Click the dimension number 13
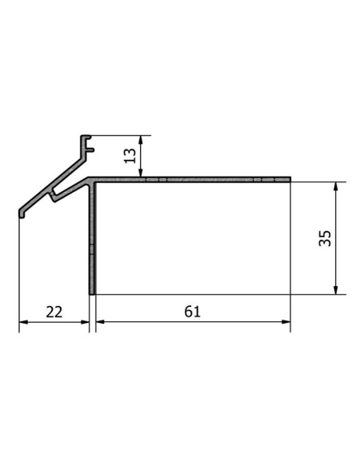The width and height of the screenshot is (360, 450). tap(129, 155)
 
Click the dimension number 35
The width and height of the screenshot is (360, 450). tap(324, 237)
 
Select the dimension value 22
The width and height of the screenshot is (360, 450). tap(54, 312)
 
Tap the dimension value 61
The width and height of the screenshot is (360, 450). tap(192, 312)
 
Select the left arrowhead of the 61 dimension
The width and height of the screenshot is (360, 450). tap(99, 322)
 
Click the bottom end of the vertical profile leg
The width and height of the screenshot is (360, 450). tap(92, 293)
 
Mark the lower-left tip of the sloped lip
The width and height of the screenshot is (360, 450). tap(22, 213)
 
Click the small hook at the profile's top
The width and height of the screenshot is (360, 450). tap(89, 148)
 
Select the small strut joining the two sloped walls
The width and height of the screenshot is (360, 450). tap(52, 194)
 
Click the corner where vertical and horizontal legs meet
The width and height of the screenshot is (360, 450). tap(92, 181)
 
